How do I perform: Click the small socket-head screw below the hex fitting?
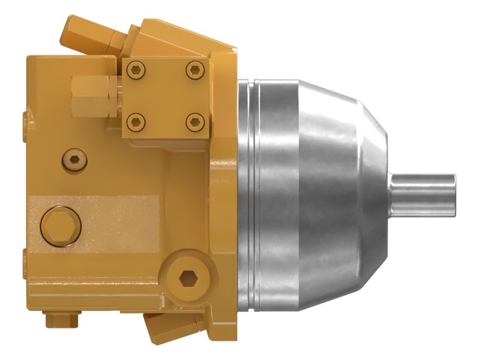coord(74,160)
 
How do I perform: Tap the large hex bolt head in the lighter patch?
coord(61,226)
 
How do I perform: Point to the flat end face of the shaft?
coord(454,193)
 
